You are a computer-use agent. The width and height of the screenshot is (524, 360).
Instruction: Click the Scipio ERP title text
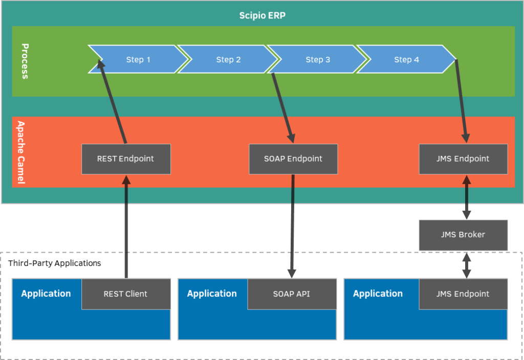[262, 15]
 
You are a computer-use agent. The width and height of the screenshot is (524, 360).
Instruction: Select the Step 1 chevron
[138, 59]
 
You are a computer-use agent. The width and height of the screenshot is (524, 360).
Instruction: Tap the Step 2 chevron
[228, 59]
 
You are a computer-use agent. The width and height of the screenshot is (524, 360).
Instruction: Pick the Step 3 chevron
[318, 59]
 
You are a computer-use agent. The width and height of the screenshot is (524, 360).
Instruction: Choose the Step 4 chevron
[407, 59]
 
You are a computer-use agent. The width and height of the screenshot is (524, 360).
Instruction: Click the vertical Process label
[25, 61]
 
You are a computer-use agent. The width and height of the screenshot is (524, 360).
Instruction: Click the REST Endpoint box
[126, 159]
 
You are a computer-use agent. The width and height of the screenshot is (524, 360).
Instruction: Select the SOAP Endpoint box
[293, 159]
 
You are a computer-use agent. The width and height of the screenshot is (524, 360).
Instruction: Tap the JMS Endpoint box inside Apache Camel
[463, 159]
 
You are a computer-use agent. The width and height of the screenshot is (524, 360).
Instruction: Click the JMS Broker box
[463, 235]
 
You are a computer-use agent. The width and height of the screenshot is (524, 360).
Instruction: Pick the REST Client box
[126, 294]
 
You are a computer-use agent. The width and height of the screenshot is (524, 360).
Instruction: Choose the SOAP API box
[292, 294]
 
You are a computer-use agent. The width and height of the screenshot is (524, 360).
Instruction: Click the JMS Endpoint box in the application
[463, 294]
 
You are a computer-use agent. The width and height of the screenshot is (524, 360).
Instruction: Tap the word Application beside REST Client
[46, 294]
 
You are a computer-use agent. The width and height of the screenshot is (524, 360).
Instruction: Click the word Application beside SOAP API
[212, 294]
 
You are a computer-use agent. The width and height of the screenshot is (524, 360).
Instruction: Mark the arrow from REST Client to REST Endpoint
[126, 225]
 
